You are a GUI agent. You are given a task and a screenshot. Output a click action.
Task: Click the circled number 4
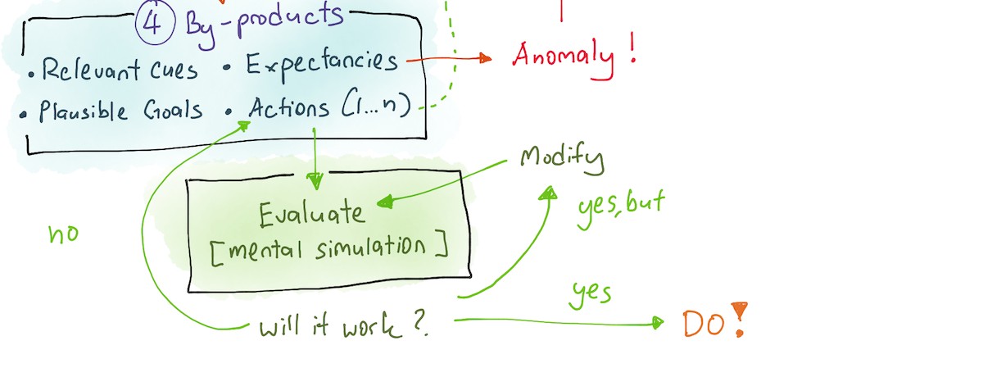pos(155,23)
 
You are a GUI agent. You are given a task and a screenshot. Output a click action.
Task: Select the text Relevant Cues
pos(120,70)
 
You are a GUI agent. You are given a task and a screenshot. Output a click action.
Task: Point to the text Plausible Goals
pos(120,110)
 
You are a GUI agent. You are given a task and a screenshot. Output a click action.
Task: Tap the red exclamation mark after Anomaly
pos(632,48)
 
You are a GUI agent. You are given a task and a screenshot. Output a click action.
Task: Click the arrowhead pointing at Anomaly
pos(485,58)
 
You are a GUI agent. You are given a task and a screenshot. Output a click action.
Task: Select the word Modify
pos(562,158)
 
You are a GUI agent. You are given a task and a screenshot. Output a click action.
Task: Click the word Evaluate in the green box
pos(311,214)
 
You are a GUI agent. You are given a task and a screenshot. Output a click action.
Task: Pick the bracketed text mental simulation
pos(329,250)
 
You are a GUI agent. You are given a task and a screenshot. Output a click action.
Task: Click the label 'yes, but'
pos(621,208)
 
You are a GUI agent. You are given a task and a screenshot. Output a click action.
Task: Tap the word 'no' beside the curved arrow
pos(64,234)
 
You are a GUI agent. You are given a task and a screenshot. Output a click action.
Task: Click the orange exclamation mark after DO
pos(740,319)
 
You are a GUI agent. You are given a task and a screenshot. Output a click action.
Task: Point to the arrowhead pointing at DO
pos(658,323)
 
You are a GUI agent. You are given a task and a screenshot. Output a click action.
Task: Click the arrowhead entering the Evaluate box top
pos(315,181)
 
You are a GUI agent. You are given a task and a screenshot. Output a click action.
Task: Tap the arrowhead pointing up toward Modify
pos(549,193)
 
